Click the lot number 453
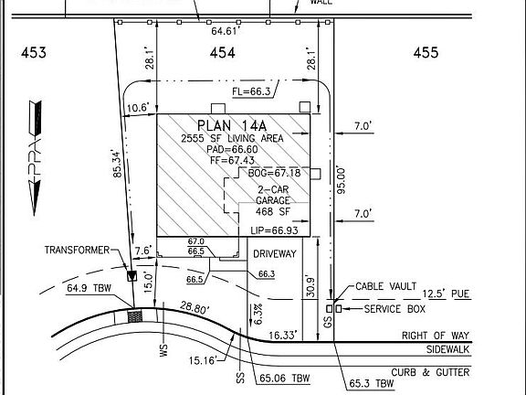point(34,54)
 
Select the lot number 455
point(426,54)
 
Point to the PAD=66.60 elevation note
point(231,149)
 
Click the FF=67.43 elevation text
point(230,160)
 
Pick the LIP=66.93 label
point(275,230)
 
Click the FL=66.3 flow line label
point(251,91)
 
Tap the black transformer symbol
point(131,275)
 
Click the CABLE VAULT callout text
point(387,285)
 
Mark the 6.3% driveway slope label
point(258,313)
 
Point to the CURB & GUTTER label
point(435,372)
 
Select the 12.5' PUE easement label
point(447,294)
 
